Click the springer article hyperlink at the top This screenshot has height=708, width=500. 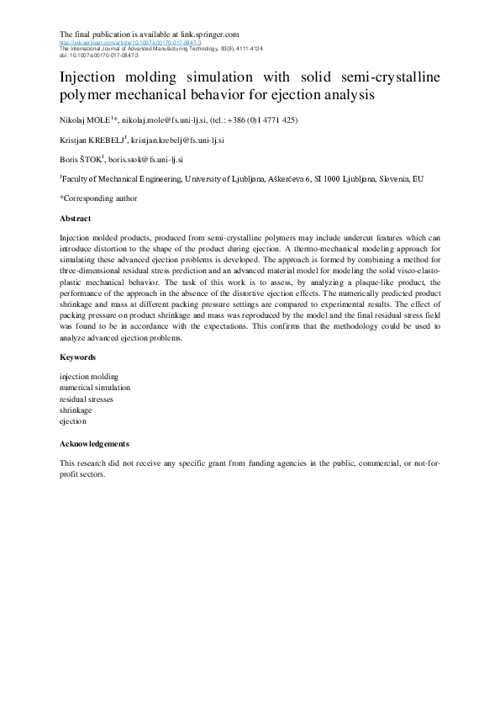(130, 42)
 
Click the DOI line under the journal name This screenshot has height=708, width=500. (87, 54)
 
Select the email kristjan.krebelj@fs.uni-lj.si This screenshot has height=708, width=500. (189, 140)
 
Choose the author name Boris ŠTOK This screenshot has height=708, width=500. (81, 159)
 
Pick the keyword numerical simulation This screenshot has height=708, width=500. (94, 388)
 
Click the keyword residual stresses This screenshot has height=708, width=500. (87, 399)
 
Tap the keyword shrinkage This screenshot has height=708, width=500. (76, 409)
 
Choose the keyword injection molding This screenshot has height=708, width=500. (89, 377)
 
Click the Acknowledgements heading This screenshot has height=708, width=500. (94, 443)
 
